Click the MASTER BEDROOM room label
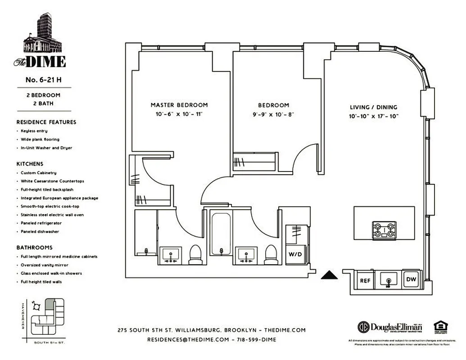click(179, 105)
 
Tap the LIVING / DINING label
click(374, 107)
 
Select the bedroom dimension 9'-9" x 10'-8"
click(273, 114)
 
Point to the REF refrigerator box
click(365, 280)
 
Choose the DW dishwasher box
click(411, 279)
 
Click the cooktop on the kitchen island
click(384, 230)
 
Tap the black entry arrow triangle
click(329, 275)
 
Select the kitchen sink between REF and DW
click(388, 280)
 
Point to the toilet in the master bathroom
click(195, 254)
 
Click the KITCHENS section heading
click(30, 164)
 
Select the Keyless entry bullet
click(35, 131)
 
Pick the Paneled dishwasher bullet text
click(40, 232)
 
